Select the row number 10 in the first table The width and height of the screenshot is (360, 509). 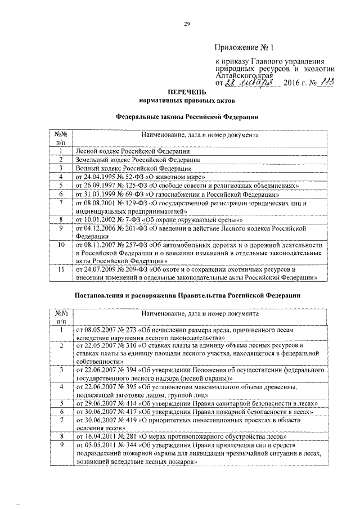(60, 246)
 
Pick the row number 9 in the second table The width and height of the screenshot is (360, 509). (60, 444)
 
